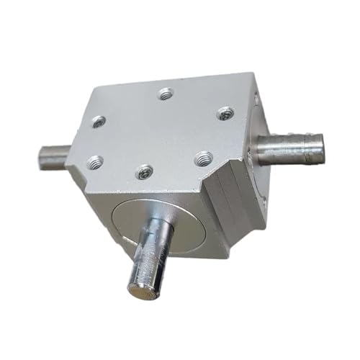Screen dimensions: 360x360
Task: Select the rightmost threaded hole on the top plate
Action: (x=225, y=112)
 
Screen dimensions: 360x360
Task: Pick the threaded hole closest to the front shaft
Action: (x=145, y=172)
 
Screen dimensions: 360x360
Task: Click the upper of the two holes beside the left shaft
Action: (x=99, y=122)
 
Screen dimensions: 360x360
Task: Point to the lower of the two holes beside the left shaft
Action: (x=92, y=161)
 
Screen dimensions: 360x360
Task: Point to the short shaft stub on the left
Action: (x=52, y=154)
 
